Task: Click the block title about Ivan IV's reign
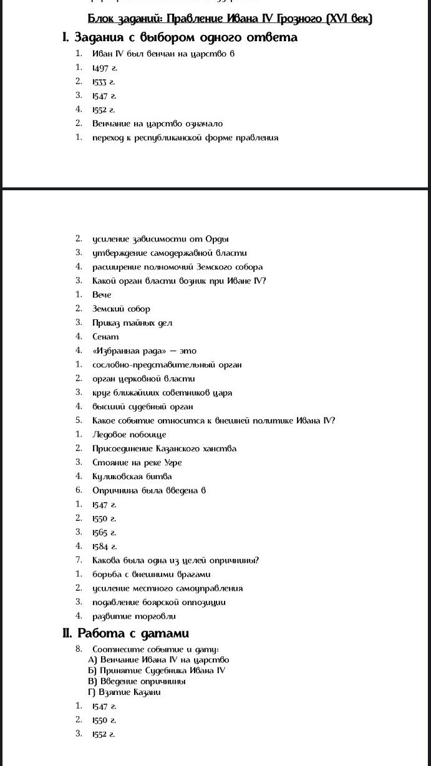pyautogui.click(x=230, y=19)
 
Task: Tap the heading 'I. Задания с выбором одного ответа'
pyautogui.click(x=180, y=37)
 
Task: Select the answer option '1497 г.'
pyautogui.click(x=104, y=67)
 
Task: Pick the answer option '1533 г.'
pyautogui.click(x=104, y=82)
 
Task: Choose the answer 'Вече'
pyautogui.click(x=102, y=294)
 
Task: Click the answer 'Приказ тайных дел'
pyautogui.click(x=132, y=322)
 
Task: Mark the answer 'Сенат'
pyautogui.click(x=105, y=337)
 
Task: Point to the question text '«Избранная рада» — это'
pyautogui.click(x=144, y=351)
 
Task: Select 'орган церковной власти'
pyautogui.click(x=143, y=379)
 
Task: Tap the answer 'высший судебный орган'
pyautogui.click(x=138, y=407)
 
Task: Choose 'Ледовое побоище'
pyautogui.click(x=129, y=435)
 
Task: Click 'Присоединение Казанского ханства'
pyautogui.click(x=165, y=448)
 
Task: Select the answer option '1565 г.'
pyautogui.click(x=104, y=532)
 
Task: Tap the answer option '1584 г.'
pyautogui.click(x=104, y=546)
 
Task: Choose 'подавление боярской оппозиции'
pyautogui.click(x=159, y=602)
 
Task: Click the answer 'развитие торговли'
pyautogui.click(x=134, y=616)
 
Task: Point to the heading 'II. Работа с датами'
pyautogui.click(x=125, y=634)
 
